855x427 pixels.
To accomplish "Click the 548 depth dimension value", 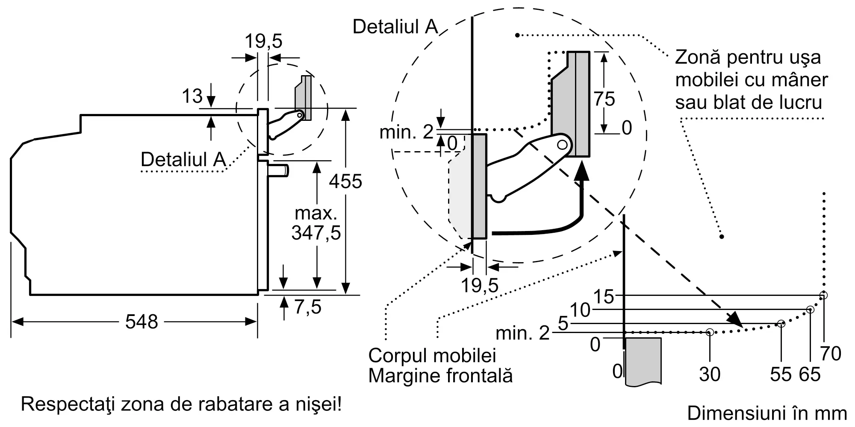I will tap(142, 322).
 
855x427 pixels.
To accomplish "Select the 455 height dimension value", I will tap(345, 181).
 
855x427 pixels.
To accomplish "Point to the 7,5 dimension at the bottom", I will tap(308, 307).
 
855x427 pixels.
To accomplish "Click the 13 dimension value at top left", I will tap(192, 96).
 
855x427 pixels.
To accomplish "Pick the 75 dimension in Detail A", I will tap(604, 99).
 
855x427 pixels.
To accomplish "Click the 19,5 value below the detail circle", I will tap(480, 285).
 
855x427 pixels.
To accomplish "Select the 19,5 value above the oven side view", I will tap(263, 41).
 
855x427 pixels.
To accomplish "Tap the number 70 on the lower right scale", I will tap(831, 354).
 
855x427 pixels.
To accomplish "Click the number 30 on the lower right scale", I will tap(710, 374).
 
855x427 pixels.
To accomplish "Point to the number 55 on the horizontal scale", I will tap(781, 374).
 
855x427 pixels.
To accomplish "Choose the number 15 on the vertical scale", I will tap(604, 296).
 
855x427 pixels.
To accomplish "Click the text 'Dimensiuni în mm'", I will tap(767, 413).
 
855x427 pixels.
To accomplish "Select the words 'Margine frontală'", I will tap(440, 376).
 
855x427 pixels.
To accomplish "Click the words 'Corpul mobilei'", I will tap(432, 355).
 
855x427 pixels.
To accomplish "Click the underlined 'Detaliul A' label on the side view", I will tap(183, 159).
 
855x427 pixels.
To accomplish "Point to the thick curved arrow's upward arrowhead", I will tap(581, 173).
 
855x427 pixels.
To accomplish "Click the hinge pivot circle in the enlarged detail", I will tap(562, 145).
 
